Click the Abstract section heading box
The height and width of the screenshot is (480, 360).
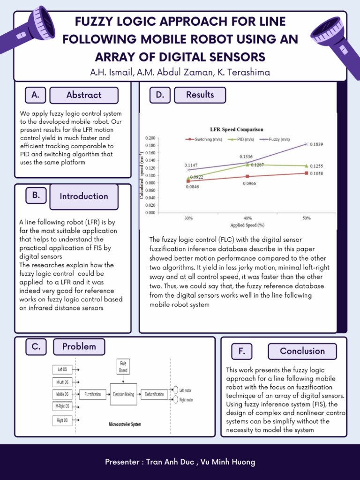(x=84, y=95)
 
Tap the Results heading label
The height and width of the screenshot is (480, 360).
(x=200, y=95)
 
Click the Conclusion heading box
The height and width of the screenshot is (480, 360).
(x=302, y=351)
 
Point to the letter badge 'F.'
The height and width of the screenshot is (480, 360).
(x=242, y=351)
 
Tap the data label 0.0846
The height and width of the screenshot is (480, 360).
(x=192, y=187)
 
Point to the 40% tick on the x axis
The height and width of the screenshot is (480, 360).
(x=247, y=218)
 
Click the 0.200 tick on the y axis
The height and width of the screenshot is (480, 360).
(x=150, y=138)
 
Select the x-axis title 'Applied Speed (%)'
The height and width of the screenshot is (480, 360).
(x=247, y=225)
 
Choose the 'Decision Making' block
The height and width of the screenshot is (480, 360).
(x=123, y=394)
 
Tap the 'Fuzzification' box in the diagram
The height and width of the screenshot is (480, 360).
(x=92, y=394)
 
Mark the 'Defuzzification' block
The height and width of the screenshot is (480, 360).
(x=154, y=394)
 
